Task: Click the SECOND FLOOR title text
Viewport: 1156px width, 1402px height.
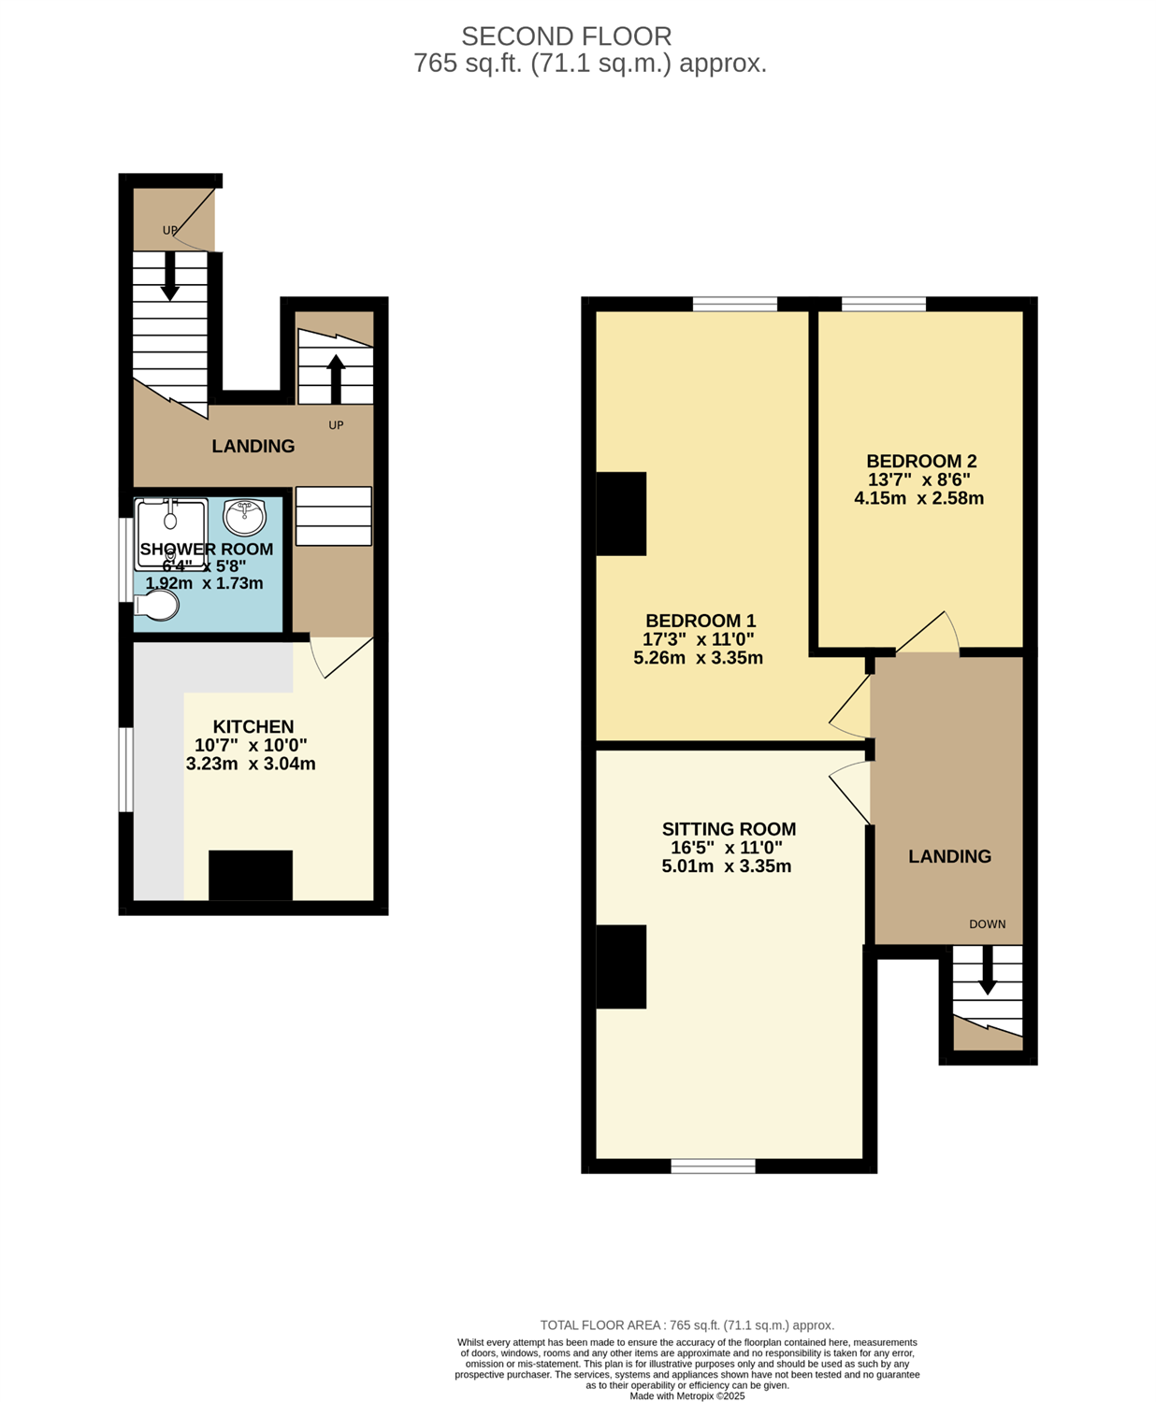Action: [x=566, y=36]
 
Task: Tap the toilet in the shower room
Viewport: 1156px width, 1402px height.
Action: [x=156, y=605]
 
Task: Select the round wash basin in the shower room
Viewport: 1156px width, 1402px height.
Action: [x=245, y=516]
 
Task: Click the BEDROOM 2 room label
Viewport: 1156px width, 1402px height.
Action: [x=920, y=462]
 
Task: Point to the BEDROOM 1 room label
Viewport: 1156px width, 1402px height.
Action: [x=701, y=621]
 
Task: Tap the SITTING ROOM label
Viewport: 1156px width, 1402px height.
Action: [x=729, y=829]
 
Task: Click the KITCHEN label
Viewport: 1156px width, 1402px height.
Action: [x=253, y=726]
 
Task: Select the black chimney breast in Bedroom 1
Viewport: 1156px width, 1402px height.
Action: [x=621, y=514]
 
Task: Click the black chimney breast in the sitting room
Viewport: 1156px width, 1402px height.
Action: [x=621, y=966]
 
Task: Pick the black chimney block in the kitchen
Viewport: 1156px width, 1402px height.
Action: [x=251, y=875]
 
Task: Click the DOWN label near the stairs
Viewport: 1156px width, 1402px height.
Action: [x=988, y=924]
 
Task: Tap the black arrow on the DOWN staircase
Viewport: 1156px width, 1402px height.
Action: [x=987, y=970]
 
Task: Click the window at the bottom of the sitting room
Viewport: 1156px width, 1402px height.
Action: [x=713, y=1166]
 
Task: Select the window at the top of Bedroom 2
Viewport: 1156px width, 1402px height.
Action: [x=884, y=304]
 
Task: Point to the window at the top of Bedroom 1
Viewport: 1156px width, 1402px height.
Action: [x=735, y=304]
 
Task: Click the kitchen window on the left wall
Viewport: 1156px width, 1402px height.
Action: [x=125, y=769]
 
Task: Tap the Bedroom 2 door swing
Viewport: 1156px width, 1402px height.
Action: [x=928, y=632]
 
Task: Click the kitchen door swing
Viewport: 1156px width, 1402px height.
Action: [x=341, y=657]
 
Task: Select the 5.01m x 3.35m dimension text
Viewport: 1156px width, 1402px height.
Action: [x=727, y=866]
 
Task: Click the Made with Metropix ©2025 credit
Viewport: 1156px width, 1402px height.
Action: [x=686, y=1396]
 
